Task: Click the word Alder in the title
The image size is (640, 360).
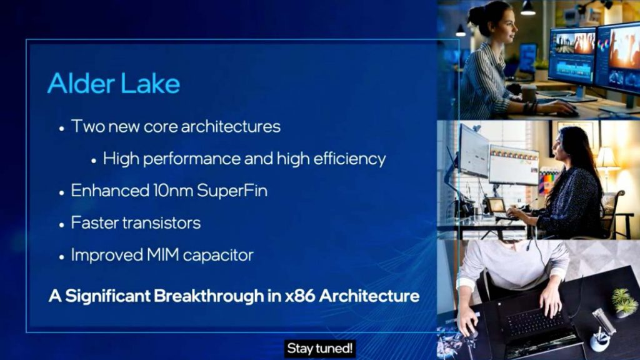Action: [81, 83]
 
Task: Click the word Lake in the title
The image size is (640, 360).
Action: [150, 83]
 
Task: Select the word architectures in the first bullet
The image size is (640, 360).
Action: [231, 126]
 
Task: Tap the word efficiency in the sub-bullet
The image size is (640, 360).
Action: [349, 159]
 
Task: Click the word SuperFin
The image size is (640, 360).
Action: [232, 191]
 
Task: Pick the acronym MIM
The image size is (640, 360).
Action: [162, 255]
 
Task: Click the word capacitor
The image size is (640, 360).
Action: [218, 256]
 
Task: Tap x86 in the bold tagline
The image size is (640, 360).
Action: [300, 296]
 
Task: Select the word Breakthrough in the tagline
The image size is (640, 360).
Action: [209, 296]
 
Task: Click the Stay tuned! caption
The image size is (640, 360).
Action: [319, 349]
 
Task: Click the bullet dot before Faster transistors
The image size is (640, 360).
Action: [62, 225]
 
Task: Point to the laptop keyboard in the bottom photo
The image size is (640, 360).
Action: [532, 322]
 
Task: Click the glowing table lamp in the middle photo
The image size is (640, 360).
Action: [607, 160]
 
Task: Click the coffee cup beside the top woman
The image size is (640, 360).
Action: [529, 94]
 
